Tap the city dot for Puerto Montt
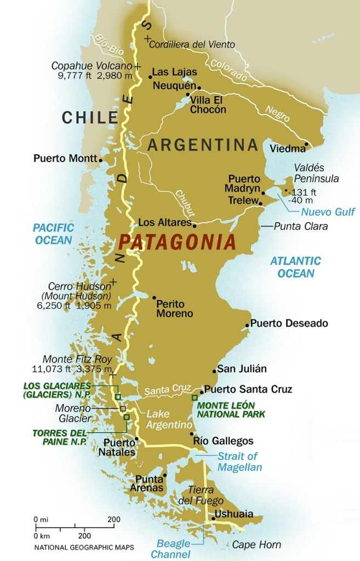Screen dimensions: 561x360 [x=101, y=160]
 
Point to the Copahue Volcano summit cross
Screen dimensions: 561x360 [x=136, y=66]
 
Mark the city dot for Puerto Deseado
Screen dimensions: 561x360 [x=247, y=325]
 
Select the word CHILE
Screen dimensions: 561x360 [x=90, y=117]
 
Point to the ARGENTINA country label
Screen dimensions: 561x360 [x=203, y=145]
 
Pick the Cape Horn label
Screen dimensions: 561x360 [x=256, y=545]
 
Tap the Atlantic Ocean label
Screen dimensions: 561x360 [x=295, y=267]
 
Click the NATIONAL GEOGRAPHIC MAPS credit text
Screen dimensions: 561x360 [x=84, y=547]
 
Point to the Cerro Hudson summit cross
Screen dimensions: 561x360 [x=113, y=282]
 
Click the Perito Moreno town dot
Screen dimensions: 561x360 [x=154, y=298]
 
